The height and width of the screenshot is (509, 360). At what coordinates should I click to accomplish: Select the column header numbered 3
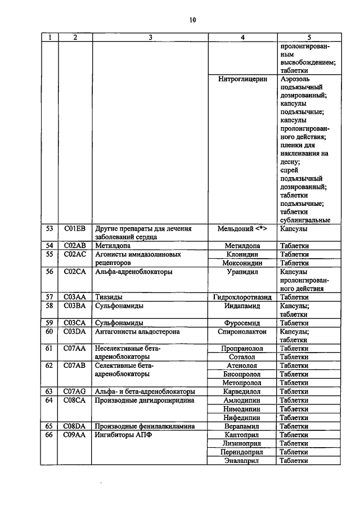[150, 38]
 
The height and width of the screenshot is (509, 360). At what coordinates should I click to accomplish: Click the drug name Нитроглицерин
[242, 79]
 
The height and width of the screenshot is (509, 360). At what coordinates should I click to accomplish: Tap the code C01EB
[74, 229]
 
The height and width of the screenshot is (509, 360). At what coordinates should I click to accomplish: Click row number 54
[49, 246]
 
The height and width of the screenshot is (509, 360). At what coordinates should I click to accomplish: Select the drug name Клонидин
[242, 254]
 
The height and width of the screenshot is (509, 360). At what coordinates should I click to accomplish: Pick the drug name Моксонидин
[242, 263]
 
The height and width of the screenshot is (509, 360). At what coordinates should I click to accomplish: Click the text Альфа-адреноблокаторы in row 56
[134, 272]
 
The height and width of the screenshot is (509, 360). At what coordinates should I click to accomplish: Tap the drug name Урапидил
[242, 272]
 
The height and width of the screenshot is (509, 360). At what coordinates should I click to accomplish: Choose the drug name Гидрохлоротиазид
[242, 297]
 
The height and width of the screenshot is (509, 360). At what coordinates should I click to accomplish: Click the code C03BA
[74, 305]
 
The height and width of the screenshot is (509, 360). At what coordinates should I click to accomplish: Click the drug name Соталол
[242, 357]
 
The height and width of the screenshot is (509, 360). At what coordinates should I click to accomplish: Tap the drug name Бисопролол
[242, 374]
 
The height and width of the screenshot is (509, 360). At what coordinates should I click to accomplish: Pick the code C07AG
[74, 391]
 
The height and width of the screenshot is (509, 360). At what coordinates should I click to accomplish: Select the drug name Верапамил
[242, 426]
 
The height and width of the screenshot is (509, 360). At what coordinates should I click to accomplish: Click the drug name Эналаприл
[242, 461]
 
